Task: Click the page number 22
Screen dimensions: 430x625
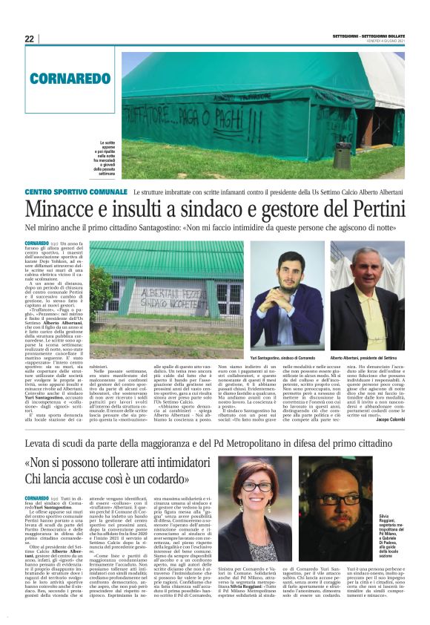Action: click(29, 39)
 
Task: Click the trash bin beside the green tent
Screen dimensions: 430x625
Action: click(342, 154)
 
